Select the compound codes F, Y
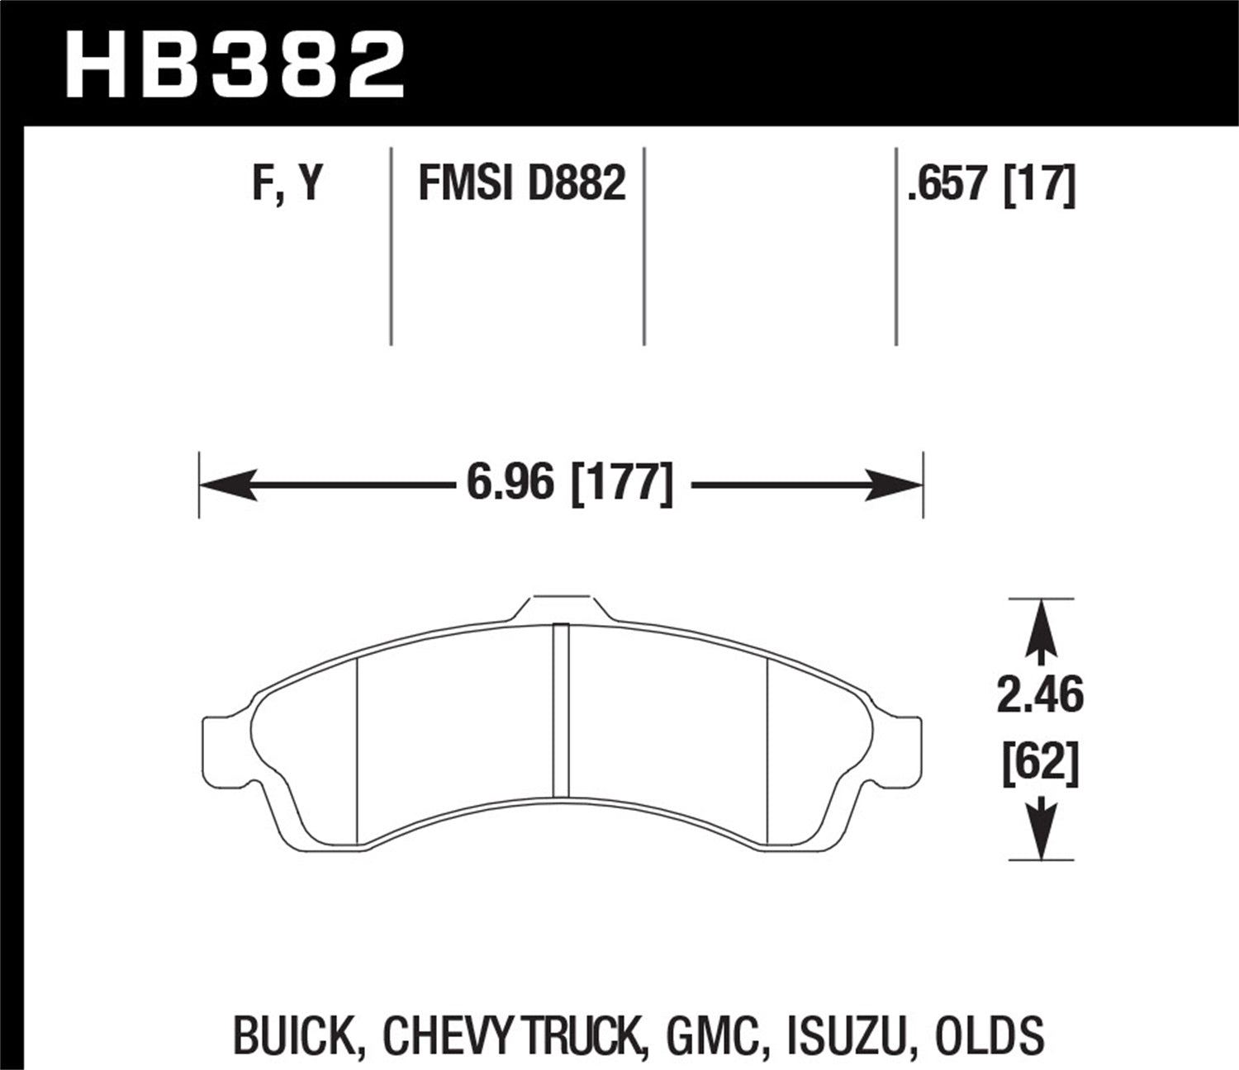point(287,182)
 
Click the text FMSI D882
point(522,182)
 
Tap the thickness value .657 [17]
point(991,182)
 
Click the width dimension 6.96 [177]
point(569,484)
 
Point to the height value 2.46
point(1039,696)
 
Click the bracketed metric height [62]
point(1039,765)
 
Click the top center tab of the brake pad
point(562,607)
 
